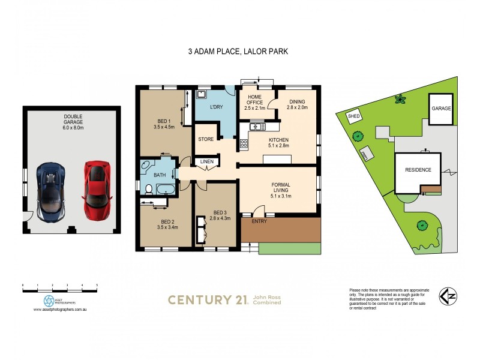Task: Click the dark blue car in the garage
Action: click(50, 191)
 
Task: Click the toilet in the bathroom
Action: click(149, 190)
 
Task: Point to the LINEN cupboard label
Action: click(206, 161)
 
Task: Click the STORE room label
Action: click(206, 139)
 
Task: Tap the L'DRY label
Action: click(217, 107)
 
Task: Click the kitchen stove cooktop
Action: click(244, 143)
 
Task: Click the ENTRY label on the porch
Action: click(259, 221)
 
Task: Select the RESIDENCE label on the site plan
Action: click(418, 170)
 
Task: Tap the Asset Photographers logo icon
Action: click(49, 300)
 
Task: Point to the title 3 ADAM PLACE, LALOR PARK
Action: click(238, 52)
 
